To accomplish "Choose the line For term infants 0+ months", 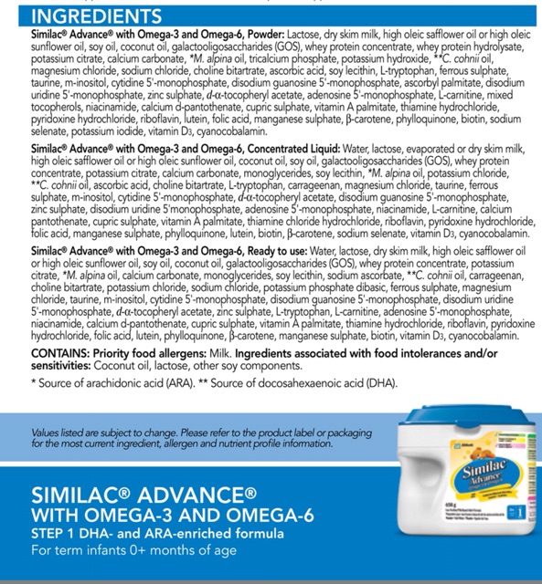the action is coord(134,550).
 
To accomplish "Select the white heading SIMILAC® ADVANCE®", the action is coord(143,497).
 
